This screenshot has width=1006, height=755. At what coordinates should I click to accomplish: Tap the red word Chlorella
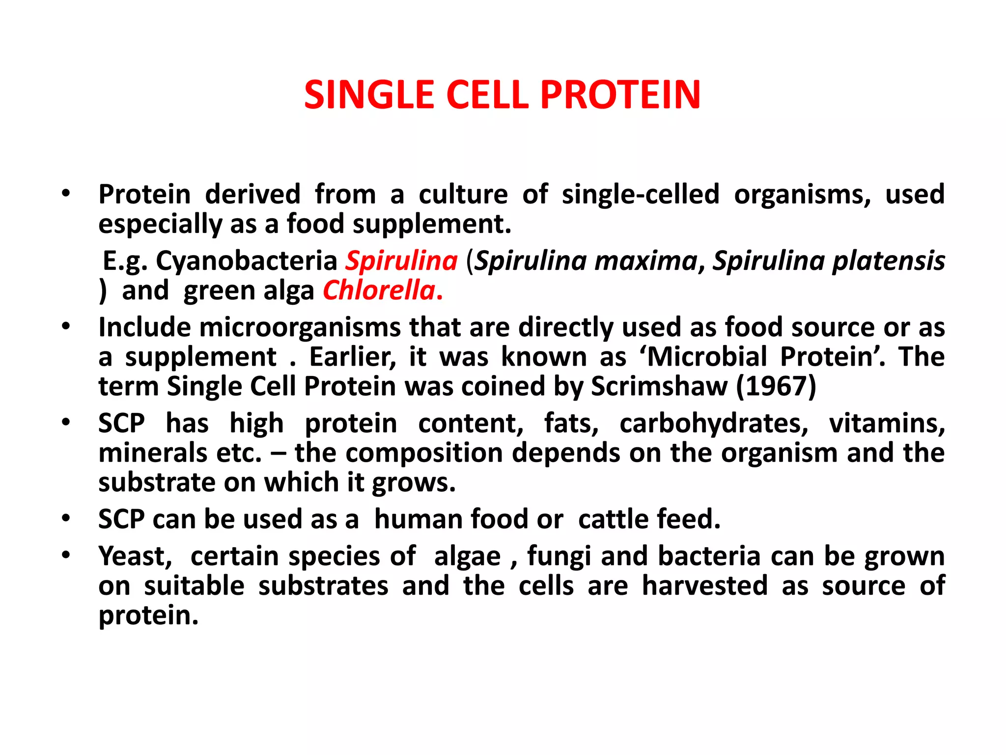[379, 290]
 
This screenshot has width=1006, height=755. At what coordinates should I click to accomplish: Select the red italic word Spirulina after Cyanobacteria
[401, 261]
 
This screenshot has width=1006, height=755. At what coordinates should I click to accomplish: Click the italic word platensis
[889, 261]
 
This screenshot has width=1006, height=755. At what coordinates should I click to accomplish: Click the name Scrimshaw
[659, 386]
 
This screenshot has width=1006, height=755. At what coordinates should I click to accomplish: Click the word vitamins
[887, 423]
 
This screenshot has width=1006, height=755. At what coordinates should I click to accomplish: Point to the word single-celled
[641, 194]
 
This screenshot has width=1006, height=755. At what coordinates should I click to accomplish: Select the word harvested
[705, 586]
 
